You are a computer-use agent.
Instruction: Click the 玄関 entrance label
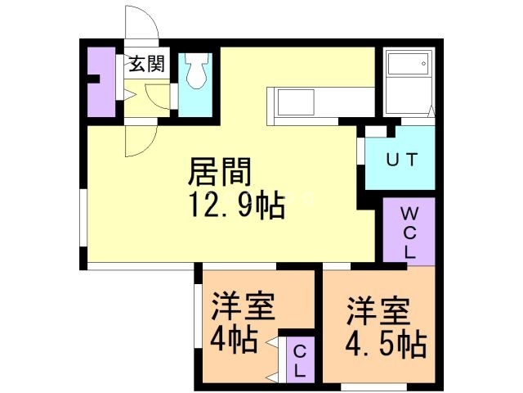pyautogui.click(x=146, y=63)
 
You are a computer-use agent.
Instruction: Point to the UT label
pyautogui.click(x=402, y=160)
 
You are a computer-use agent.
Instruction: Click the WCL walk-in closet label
pyautogui.click(x=408, y=233)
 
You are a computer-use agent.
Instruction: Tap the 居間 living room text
pyautogui.click(x=219, y=174)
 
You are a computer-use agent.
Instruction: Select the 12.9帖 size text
pyautogui.click(x=237, y=205)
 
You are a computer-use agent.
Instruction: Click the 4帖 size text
pyautogui.click(x=235, y=338)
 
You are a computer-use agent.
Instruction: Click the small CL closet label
pyautogui.click(x=299, y=360)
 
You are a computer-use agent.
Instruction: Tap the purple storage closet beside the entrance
pyautogui.click(x=101, y=82)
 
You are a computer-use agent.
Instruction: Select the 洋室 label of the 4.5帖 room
pyautogui.click(x=377, y=311)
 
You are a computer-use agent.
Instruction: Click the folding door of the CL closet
pyautogui.click(x=274, y=360)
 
